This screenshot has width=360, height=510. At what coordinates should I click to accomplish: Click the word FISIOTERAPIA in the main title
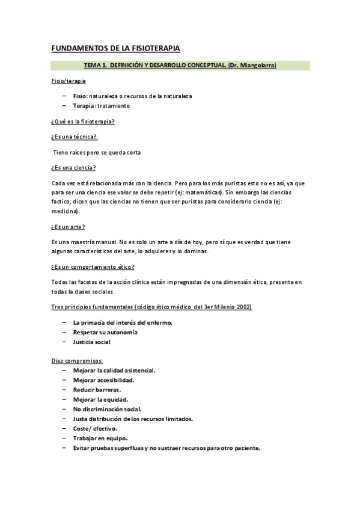[151, 48]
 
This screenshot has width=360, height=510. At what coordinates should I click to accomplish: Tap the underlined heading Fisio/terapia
[68, 81]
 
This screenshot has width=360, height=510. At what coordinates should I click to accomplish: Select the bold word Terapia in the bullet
[84, 106]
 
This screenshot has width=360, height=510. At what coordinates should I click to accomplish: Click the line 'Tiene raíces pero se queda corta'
[97, 152]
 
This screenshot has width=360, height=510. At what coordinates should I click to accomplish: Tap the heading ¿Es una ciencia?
[75, 167]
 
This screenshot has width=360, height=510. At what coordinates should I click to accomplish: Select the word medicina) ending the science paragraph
[66, 211]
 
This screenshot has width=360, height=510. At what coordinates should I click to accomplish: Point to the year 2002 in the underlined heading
[243, 307]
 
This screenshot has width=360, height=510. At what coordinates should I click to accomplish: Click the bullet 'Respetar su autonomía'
[105, 332]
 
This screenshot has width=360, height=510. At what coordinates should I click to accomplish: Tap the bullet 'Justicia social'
[91, 342]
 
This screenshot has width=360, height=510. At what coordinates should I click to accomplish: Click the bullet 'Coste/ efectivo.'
[95, 429]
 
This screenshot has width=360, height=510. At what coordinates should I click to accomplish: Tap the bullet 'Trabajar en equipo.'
[100, 438]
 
